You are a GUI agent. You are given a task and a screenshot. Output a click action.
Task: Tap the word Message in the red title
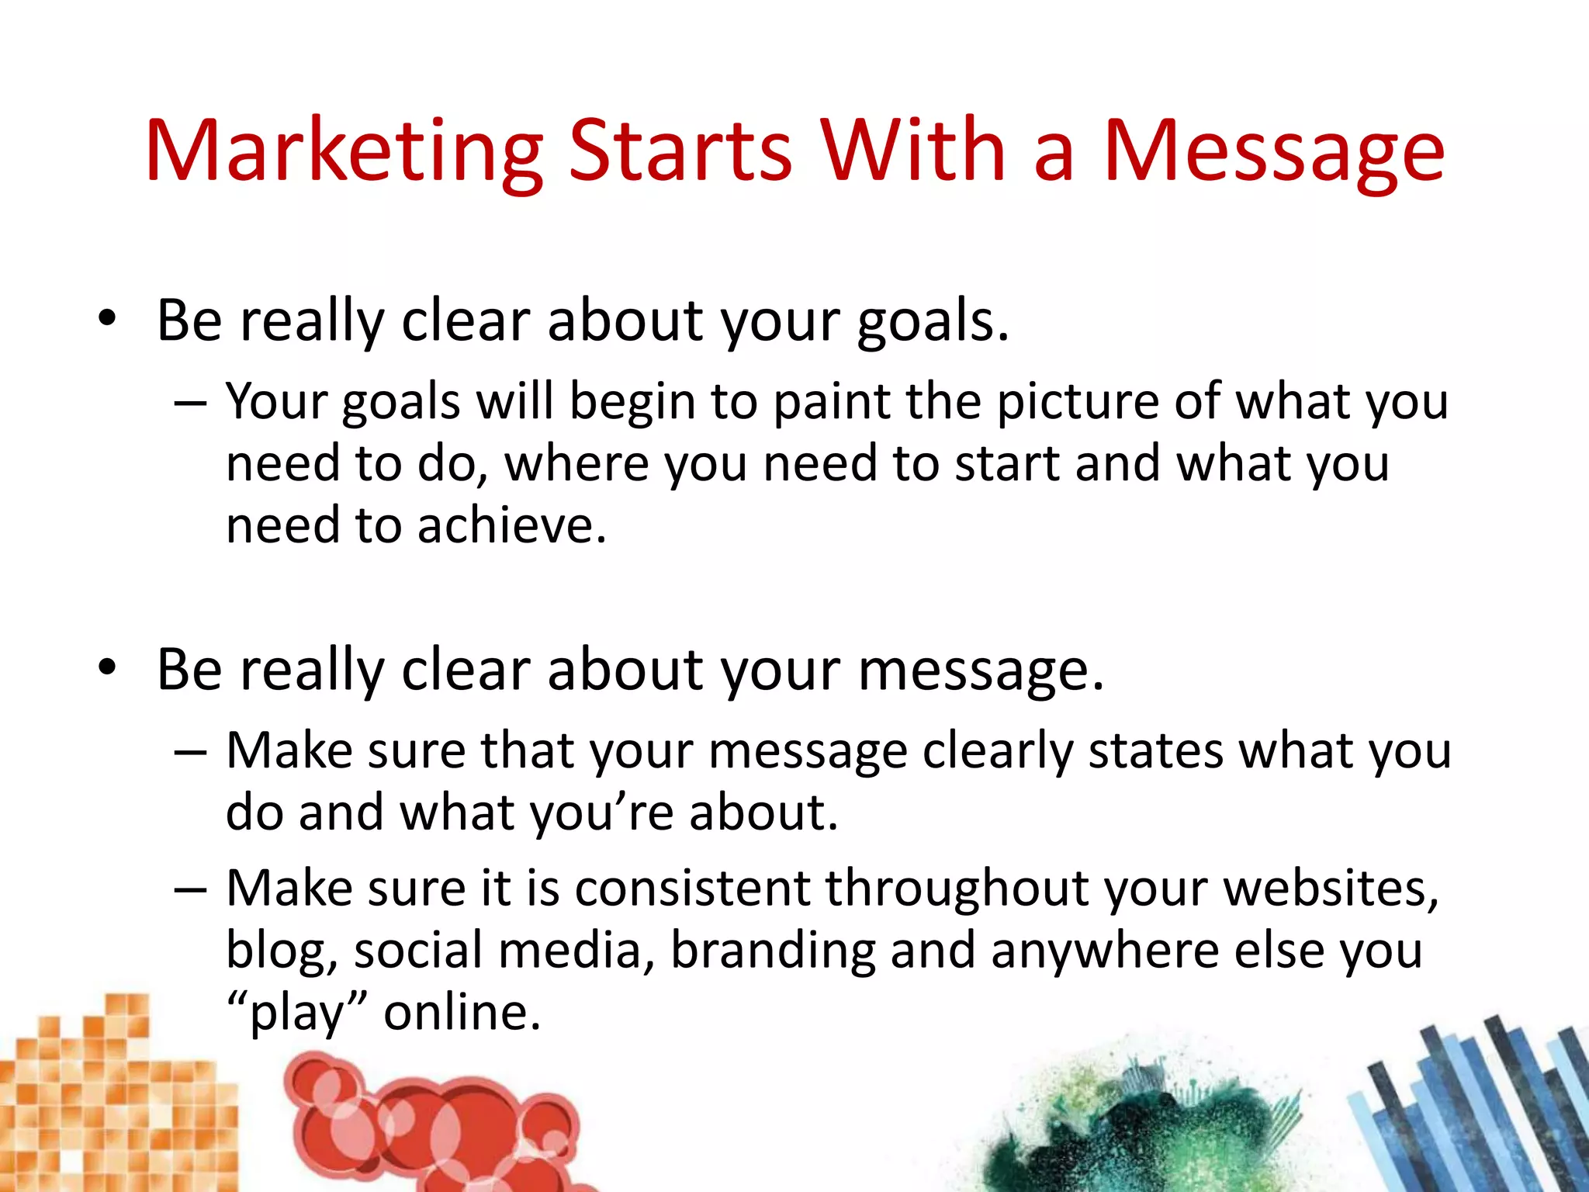[1273, 151]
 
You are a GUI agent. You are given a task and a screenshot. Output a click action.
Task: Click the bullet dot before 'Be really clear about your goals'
[107, 319]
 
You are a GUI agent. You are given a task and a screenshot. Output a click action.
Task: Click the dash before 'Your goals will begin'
[190, 404]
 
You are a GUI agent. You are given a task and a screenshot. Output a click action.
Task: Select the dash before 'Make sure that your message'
[190, 753]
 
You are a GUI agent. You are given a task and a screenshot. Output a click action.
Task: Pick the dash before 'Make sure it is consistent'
[190, 890]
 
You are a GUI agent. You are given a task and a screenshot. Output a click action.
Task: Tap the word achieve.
[511, 526]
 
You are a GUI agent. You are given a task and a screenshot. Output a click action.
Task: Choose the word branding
[773, 951]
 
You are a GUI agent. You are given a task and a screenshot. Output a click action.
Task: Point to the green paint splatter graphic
[1141, 1125]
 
